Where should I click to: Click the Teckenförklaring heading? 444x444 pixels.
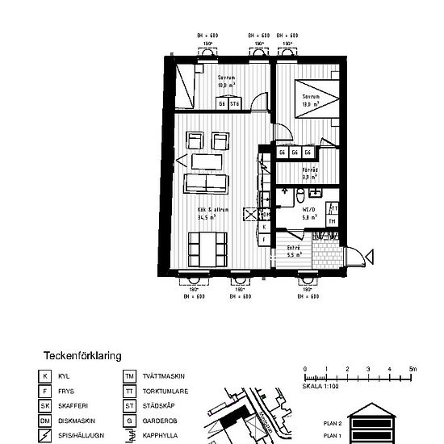pyautogui.click(x=82, y=354)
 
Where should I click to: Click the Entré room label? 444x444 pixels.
pyautogui.click(x=294, y=251)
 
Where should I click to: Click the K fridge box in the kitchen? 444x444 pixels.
pyautogui.click(x=264, y=228)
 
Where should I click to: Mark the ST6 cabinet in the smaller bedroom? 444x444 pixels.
pyautogui.click(x=235, y=104)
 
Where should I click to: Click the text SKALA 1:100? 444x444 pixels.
pyautogui.click(x=321, y=387)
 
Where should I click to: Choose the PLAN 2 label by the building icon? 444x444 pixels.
pyautogui.click(x=333, y=422)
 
